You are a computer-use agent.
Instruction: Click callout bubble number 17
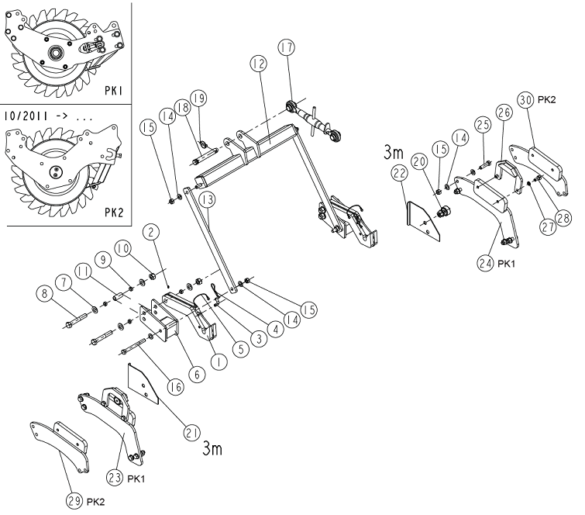point(287,47)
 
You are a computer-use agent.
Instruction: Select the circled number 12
point(259,64)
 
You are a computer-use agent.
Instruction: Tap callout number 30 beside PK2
point(525,100)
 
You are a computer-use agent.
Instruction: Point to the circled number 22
point(400,173)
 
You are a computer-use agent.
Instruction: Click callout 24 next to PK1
point(485,263)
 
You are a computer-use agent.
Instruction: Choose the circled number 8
point(45,293)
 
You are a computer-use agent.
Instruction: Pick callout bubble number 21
point(191,433)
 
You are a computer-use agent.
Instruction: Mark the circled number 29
point(74,501)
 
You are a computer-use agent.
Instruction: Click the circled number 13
point(207,199)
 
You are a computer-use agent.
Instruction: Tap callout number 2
point(151,232)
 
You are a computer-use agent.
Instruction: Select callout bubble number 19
point(198,99)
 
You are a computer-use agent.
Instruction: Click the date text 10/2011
point(26,116)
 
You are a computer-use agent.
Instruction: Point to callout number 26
point(504,112)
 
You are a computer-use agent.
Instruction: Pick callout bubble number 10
point(122,249)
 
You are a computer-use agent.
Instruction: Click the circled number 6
point(197,374)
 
